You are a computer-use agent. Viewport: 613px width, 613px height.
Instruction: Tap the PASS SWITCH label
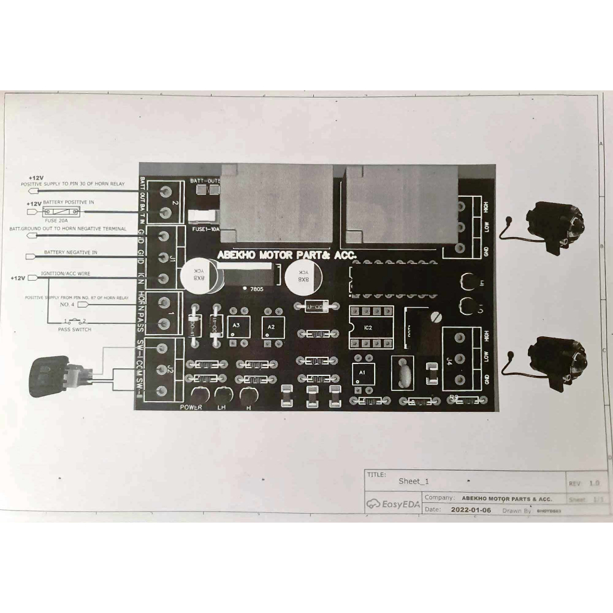point(75,330)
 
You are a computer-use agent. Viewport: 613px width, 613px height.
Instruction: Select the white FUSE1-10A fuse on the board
point(202,216)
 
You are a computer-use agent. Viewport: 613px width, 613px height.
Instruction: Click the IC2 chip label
point(368,327)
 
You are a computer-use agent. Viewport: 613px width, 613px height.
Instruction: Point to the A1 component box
point(361,372)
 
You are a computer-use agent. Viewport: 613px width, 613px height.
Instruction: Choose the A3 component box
point(238,326)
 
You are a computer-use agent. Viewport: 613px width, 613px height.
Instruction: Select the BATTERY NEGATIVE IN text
point(71,253)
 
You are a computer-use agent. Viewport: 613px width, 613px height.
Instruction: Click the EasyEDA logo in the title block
point(393,504)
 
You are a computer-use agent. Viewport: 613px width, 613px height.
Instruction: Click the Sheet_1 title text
point(414,481)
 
